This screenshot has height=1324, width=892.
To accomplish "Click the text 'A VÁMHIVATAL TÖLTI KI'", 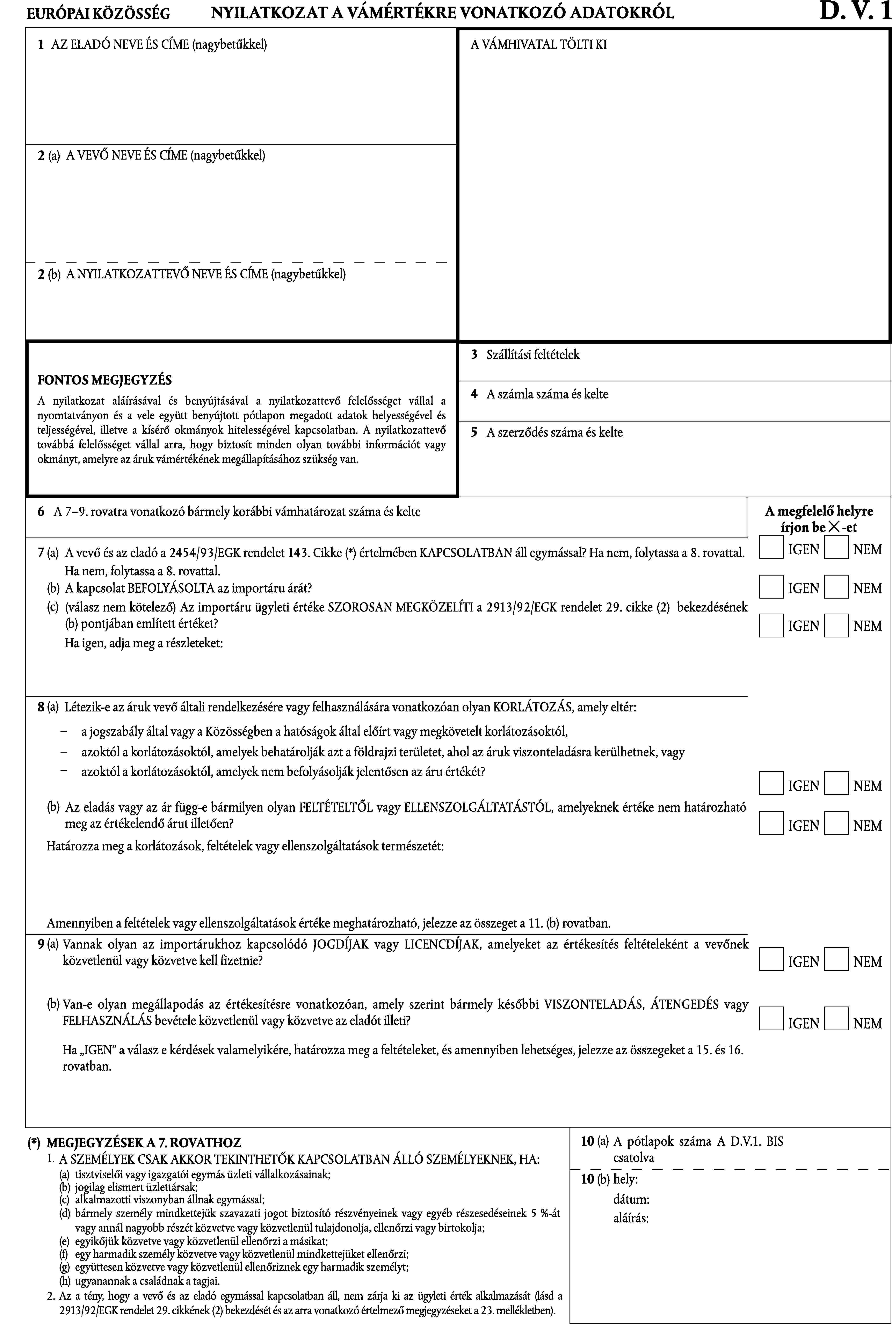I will pos(538,44).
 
